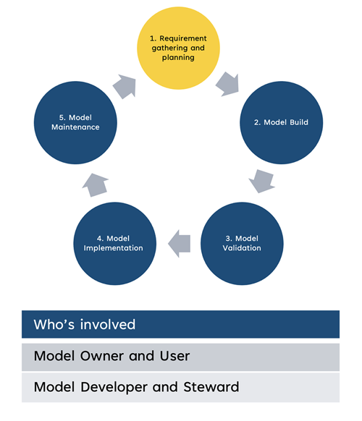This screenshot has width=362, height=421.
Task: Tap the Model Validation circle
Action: click(x=242, y=243)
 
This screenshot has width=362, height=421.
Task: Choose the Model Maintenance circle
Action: click(x=75, y=122)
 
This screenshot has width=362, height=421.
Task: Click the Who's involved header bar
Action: click(x=180, y=324)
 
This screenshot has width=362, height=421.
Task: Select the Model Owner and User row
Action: click(x=180, y=356)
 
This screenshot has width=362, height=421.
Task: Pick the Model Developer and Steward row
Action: click(x=180, y=387)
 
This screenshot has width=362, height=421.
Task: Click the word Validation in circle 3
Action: click(x=242, y=248)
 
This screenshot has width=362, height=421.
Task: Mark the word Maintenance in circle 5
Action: click(x=75, y=127)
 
